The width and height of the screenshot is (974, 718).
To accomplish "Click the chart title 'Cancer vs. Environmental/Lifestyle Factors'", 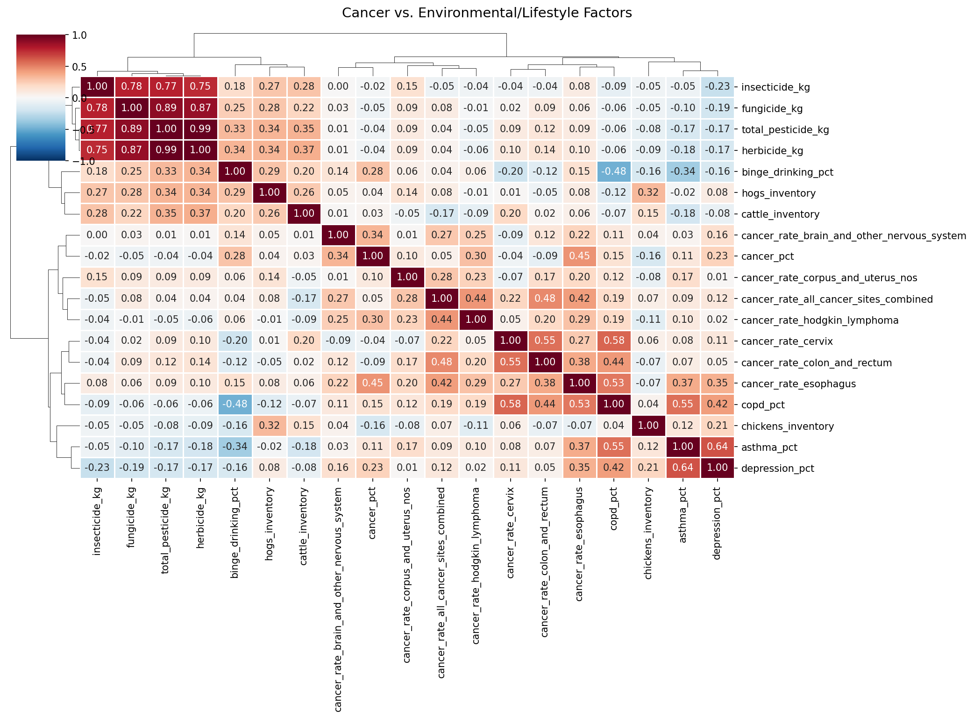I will [487, 13].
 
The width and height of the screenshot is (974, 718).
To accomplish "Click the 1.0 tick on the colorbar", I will [79, 36].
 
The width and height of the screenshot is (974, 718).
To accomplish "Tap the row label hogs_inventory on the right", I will [778, 193].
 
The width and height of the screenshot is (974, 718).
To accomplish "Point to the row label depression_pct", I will [777, 469].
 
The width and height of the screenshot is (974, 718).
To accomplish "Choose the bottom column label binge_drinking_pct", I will [235, 533].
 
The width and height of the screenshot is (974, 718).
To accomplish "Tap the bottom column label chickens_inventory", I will [648, 533].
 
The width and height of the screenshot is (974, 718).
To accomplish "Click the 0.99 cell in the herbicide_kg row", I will [166, 150].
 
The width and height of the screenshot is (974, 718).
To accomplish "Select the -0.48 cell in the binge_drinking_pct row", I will [614, 171].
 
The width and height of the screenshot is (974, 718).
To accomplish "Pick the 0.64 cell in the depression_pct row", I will [683, 468].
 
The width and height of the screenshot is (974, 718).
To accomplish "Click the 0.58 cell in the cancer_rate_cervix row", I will [614, 341].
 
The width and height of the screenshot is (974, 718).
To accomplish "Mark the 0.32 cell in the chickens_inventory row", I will [270, 426].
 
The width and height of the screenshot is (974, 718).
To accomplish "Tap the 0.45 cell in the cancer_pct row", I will [579, 256].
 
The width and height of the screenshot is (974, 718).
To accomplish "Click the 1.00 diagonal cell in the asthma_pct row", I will [683, 447].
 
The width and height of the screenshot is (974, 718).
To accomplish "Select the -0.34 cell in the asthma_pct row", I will [235, 447].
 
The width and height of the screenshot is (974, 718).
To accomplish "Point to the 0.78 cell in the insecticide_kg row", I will [132, 86].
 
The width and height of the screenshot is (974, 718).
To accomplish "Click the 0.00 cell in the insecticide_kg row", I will [338, 86].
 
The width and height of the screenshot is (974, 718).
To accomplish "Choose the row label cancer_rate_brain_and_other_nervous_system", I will [853, 236].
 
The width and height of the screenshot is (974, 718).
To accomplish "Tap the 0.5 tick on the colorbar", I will [79, 67].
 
